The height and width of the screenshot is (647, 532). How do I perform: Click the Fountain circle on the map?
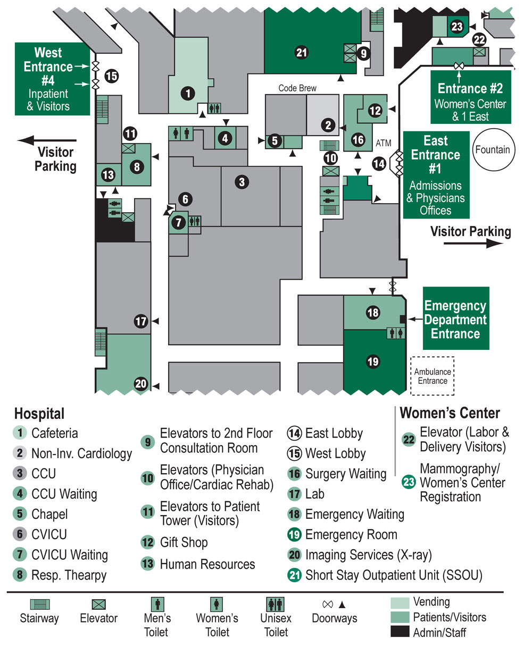click(492, 150)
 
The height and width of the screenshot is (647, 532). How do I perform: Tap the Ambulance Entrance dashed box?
click(432, 376)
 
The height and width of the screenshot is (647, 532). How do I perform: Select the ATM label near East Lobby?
click(383, 143)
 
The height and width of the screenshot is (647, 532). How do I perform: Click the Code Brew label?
click(297, 88)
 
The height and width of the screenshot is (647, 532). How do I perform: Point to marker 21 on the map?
click(302, 52)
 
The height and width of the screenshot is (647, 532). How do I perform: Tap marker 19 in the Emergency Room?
click(373, 362)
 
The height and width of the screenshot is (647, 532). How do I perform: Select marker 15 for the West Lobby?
click(111, 76)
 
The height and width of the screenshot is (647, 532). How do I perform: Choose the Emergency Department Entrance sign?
click(455, 320)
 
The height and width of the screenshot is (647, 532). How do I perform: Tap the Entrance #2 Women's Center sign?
click(470, 96)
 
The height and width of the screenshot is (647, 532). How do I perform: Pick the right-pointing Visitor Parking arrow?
click(473, 243)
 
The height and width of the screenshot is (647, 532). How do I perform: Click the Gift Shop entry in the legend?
click(184, 543)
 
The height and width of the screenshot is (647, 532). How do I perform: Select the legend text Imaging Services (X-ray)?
click(368, 556)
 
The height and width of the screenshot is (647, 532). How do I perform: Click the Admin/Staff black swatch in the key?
click(400, 632)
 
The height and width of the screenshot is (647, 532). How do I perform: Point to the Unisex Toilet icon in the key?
click(276, 604)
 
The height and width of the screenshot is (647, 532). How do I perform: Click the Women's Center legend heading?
click(450, 413)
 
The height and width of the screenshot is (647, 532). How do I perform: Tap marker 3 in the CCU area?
click(242, 182)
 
